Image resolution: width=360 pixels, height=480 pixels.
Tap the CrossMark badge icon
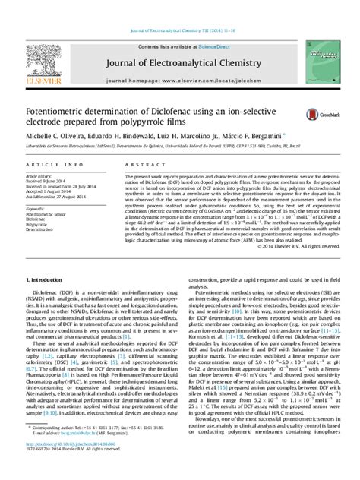(x=314, y=114)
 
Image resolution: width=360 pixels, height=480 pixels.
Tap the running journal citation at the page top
(x=182, y=9)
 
